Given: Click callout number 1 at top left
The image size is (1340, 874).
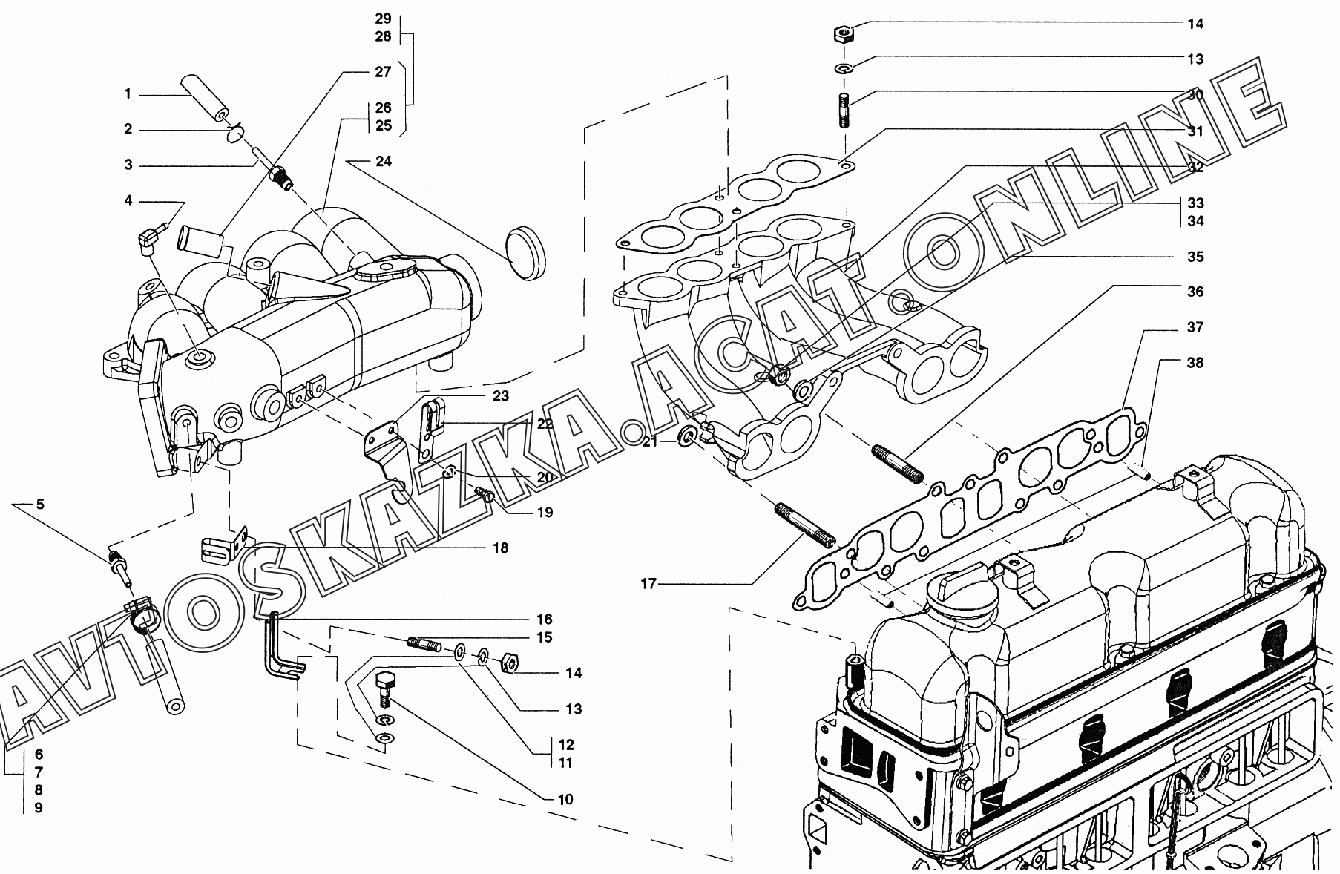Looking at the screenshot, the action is point(128,94).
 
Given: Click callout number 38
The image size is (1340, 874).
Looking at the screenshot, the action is point(1195,363).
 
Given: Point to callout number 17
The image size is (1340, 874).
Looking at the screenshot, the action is point(648,584).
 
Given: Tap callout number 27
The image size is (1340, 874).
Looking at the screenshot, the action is point(382,72).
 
